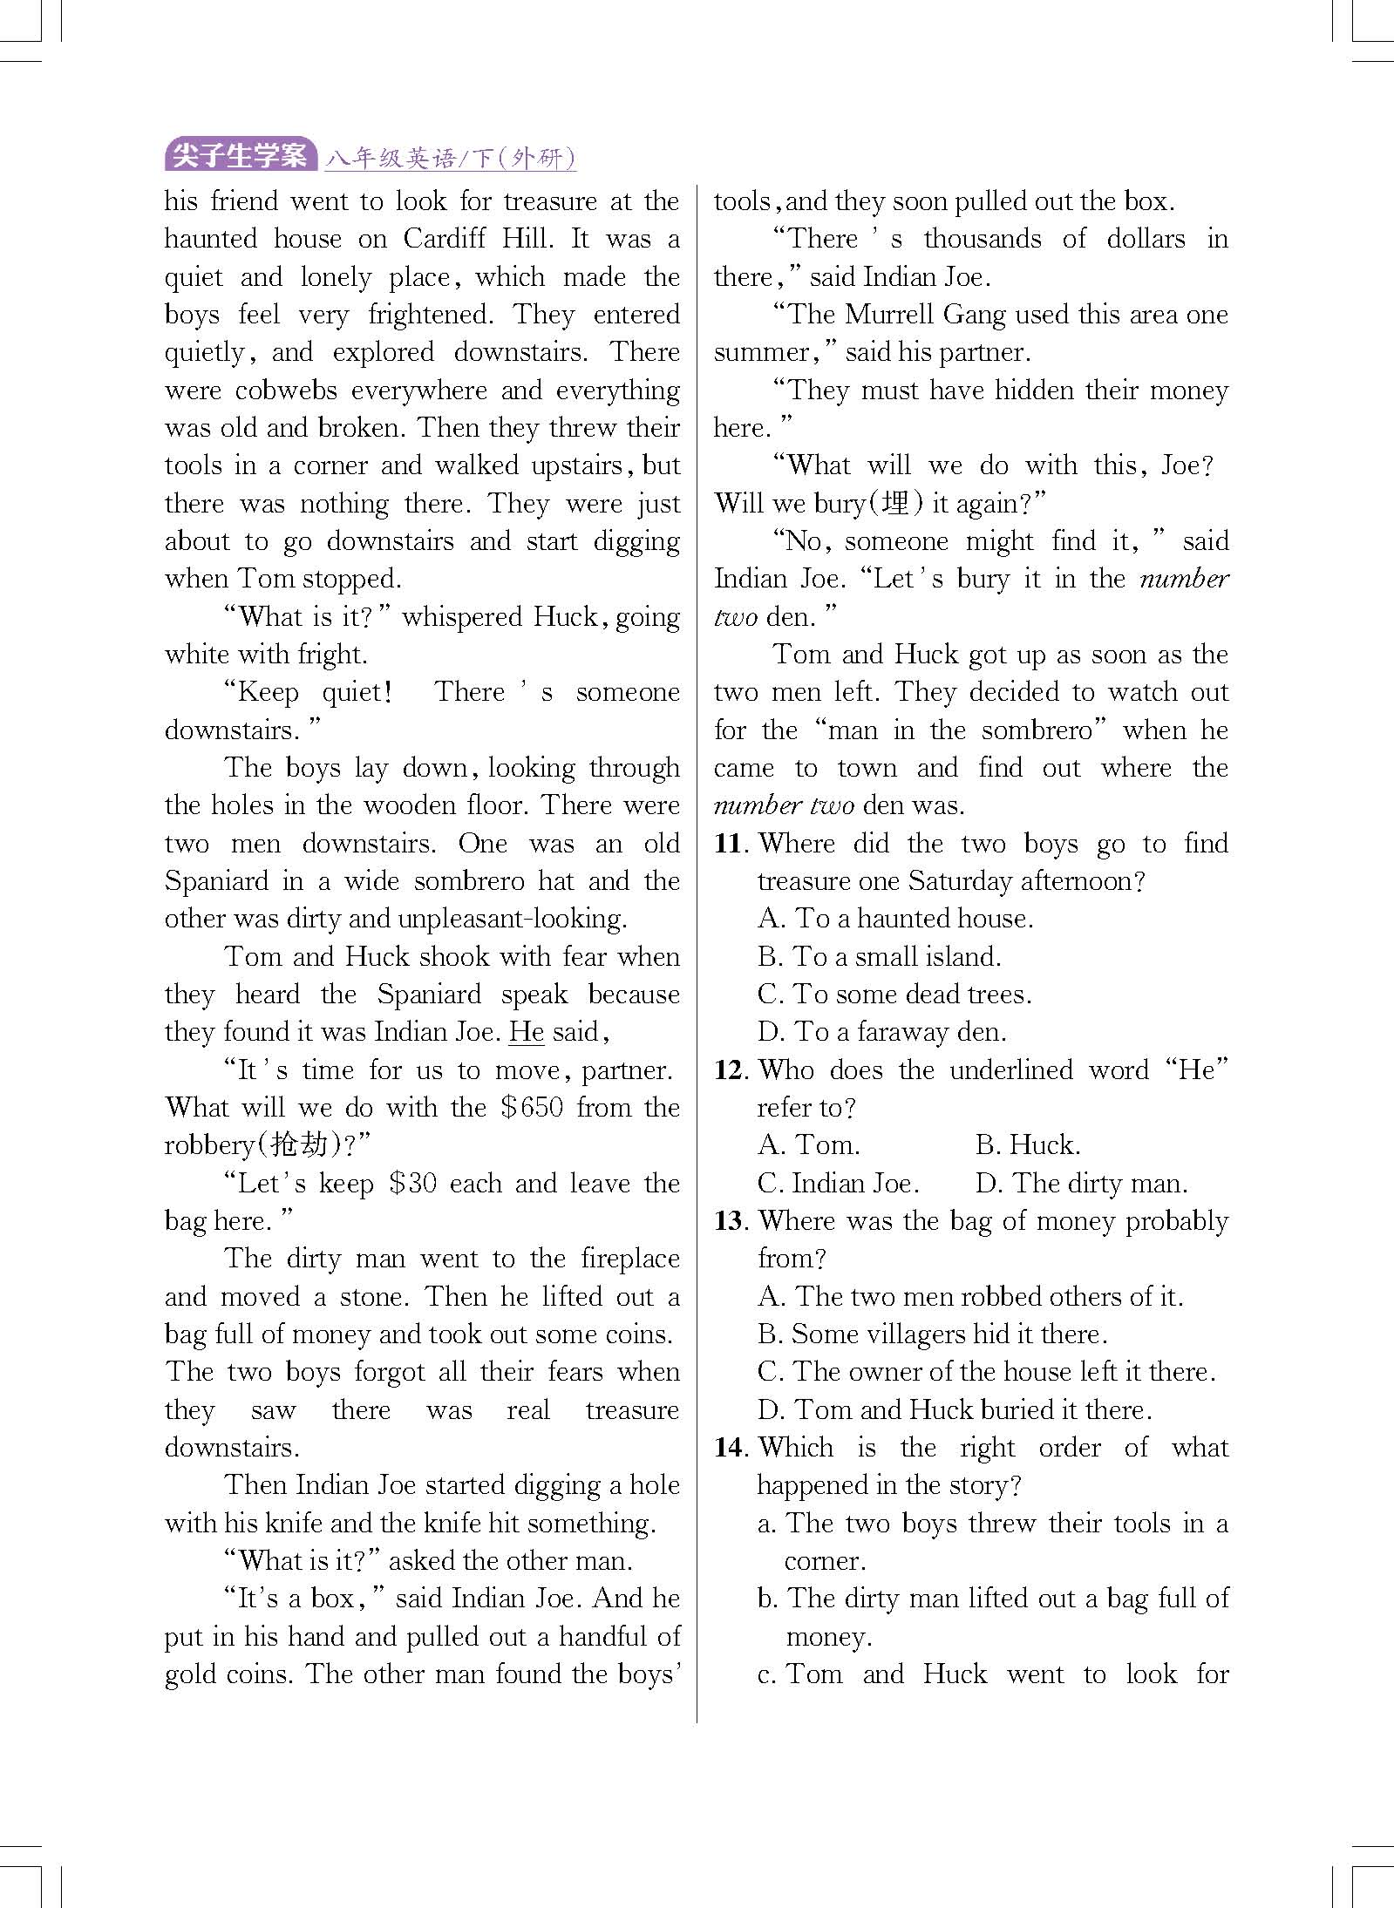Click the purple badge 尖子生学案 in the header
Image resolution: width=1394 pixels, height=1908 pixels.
click(x=240, y=157)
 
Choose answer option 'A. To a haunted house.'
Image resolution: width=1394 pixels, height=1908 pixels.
click(x=895, y=919)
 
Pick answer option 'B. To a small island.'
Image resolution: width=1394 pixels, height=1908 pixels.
click(x=879, y=957)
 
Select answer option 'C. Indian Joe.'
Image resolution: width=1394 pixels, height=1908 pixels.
click(x=838, y=1184)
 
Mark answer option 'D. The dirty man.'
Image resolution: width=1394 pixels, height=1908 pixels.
click(x=1081, y=1184)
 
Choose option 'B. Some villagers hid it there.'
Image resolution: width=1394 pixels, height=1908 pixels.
click(x=932, y=1334)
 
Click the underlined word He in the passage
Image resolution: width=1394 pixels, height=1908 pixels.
click(x=527, y=1033)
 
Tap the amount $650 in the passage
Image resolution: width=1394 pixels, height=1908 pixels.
click(x=532, y=1108)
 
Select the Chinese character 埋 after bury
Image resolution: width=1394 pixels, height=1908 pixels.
click(x=897, y=504)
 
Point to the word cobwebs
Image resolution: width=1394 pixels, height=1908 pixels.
click(x=286, y=390)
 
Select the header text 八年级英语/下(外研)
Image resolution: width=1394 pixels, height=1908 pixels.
click(x=451, y=159)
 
